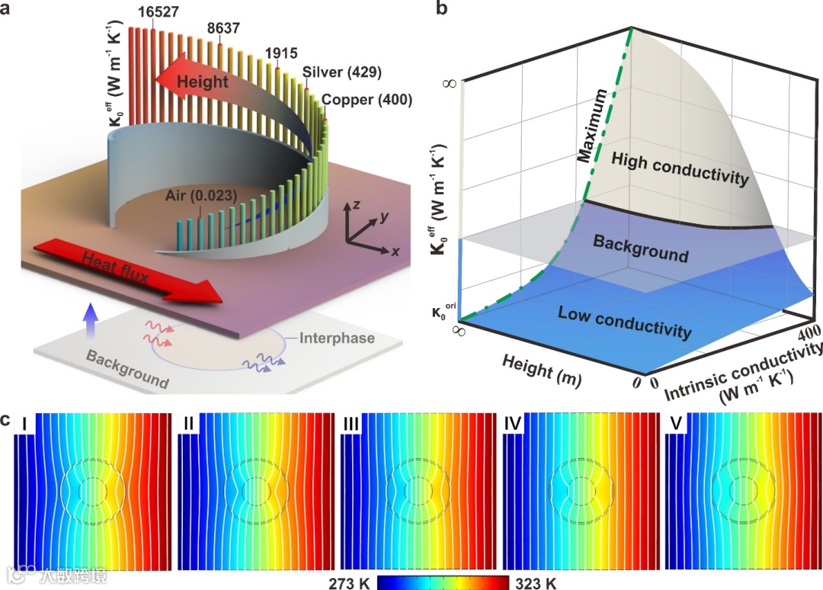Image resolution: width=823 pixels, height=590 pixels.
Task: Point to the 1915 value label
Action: click(280, 55)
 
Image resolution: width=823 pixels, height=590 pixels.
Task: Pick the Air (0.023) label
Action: click(200, 197)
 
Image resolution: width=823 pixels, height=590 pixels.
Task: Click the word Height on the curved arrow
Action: click(197, 82)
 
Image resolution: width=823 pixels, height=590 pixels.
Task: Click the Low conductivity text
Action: click(625, 321)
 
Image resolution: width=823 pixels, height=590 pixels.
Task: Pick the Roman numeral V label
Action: click(674, 423)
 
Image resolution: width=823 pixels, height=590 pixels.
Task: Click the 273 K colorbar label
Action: click(348, 583)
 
